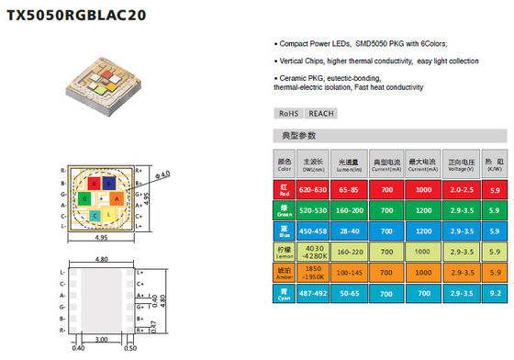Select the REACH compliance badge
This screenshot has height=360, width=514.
point(319,113)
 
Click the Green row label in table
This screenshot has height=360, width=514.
point(284,208)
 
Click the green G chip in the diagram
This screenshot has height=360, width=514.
point(84,198)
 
